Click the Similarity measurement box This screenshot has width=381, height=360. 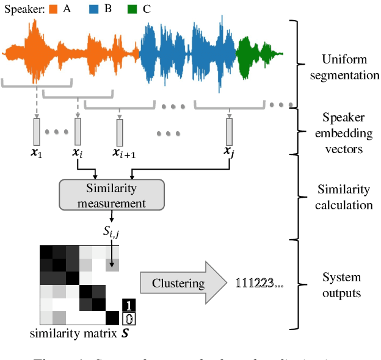pos(111,195)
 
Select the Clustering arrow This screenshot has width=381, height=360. pos(178,283)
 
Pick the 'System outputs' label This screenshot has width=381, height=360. pos(341,285)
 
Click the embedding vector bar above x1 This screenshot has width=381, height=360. pos(36,131)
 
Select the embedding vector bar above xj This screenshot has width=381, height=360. pos(230,131)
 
